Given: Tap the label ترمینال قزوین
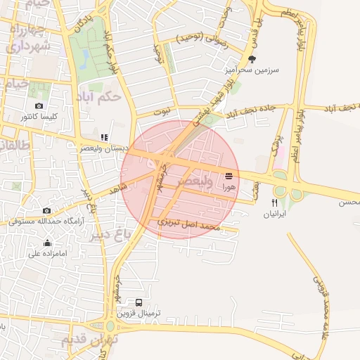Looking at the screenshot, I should [139, 312].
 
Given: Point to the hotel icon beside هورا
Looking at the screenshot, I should [229, 176].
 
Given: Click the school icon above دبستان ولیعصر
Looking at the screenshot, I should [104, 137].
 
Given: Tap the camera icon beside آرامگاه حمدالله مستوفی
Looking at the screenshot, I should [46, 210].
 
